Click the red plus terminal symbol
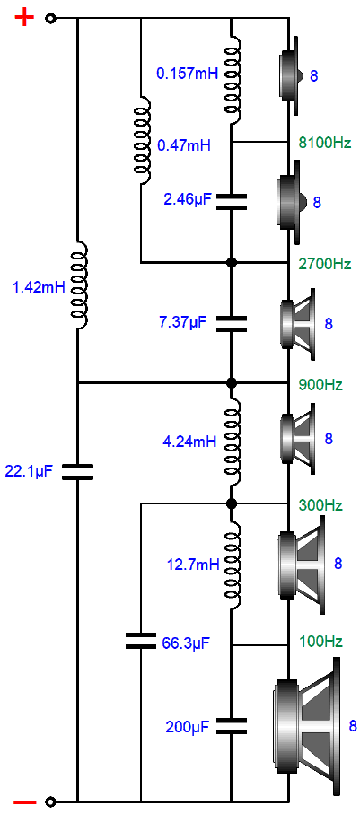point(24,18)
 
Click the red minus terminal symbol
point(24,801)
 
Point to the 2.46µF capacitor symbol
point(231,201)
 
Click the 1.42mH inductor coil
point(80,285)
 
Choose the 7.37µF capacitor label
point(182,323)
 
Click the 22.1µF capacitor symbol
point(77,472)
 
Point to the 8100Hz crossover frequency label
point(325,142)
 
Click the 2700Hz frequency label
point(325,264)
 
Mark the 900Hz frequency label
point(320,385)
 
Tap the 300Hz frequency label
point(320,504)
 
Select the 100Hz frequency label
point(320,642)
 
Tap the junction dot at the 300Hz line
point(233,503)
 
